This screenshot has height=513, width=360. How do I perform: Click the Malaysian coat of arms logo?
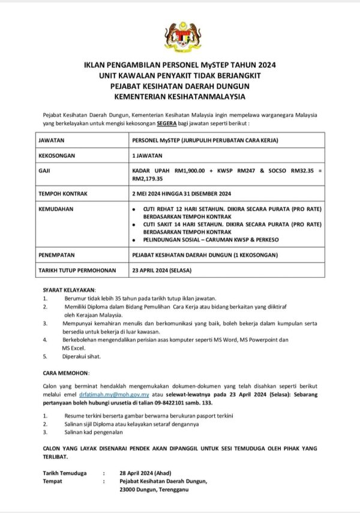click(x=182, y=35)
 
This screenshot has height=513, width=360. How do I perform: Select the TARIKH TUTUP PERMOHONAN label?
click(x=77, y=271)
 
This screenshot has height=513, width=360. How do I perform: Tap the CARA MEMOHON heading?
click(x=66, y=372)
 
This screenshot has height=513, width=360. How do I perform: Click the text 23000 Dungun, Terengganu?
click(x=154, y=490)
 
